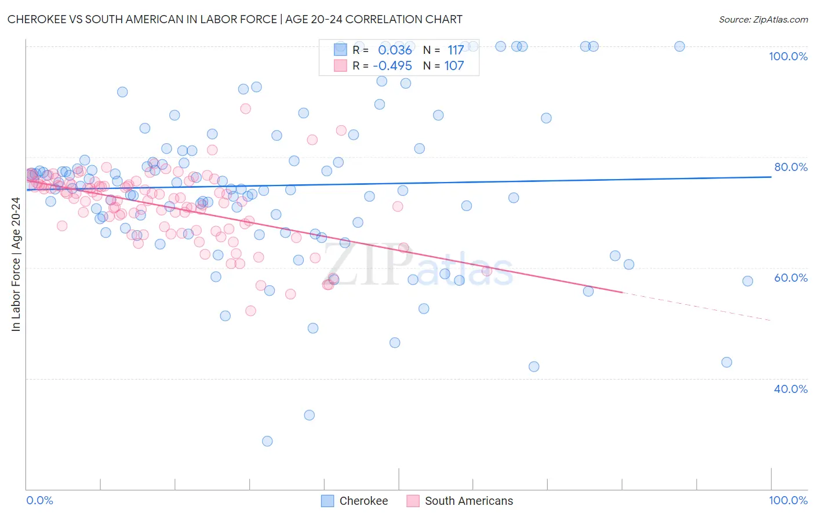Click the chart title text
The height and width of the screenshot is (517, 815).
pos(235,19)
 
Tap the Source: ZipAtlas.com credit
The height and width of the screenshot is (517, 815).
pos(763,19)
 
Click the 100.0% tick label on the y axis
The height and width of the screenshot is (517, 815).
pos(788,56)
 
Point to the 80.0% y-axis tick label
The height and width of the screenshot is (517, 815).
pos(791,167)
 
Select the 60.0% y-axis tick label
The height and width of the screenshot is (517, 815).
pos(791,278)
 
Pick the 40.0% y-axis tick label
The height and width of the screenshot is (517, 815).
pos(791,389)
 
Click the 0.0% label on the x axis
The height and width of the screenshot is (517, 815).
pos(39,500)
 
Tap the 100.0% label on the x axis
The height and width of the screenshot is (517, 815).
pos(788,500)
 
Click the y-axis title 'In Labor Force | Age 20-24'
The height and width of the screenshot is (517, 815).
pos(16,264)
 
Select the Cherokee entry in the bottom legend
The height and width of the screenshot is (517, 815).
pos(363,501)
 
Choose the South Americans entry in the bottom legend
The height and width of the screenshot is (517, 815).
pos(468,501)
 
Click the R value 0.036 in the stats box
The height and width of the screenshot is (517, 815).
pos(395,50)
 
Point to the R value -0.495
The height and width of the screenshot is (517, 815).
pos(392,65)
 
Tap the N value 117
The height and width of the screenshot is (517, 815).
pos(456,50)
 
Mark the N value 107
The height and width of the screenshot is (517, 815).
pos(454,65)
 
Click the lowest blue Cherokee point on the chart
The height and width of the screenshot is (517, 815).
pos(267,441)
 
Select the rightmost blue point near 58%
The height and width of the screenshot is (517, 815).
pos(748,281)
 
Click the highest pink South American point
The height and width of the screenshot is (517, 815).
pos(245,108)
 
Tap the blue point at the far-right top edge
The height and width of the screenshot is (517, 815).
pos(679,46)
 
